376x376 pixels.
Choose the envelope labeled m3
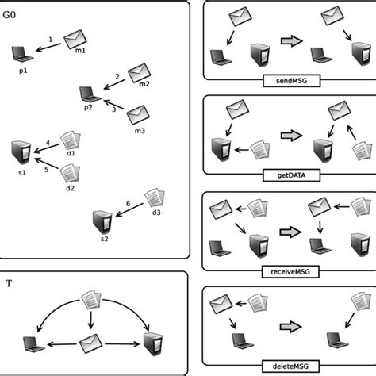tap(138, 114)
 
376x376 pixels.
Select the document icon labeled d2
tap(71, 172)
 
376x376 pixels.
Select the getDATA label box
tap(284, 175)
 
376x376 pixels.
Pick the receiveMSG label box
tap(284, 271)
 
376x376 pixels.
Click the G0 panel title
tap(12, 13)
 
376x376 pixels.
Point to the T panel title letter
tap(9, 282)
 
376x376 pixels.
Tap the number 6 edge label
tap(129, 205)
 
